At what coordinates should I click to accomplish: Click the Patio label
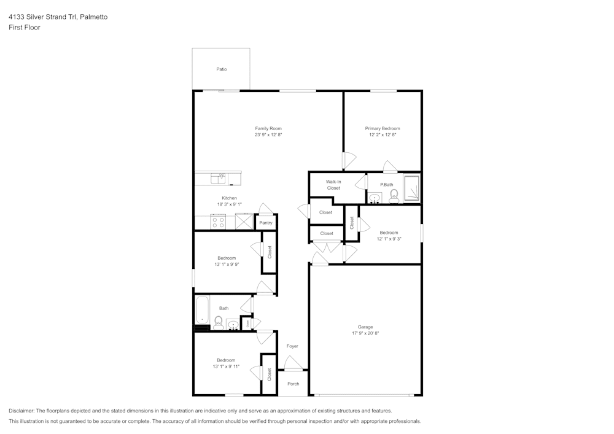coord(221,69)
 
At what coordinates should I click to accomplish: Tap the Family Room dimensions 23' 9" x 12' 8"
coord(268,134)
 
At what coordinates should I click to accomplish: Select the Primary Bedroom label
coord(383,128)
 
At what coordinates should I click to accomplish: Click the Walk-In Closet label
coord(333,185)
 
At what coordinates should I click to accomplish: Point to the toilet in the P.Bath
coord(394,195)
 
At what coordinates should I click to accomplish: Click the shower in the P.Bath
coord(411,188)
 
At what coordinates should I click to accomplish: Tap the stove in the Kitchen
coord(218,222)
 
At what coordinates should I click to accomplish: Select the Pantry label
coord(265,223)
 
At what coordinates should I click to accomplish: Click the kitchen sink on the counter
coord(219,178)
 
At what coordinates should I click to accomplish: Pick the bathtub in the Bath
coord(201,310)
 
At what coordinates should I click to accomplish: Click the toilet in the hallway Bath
coord(218,322)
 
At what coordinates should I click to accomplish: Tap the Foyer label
coord(292,346)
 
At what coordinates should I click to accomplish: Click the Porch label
coord(293,384)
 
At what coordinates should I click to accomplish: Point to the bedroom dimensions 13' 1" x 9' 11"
coord(227,366)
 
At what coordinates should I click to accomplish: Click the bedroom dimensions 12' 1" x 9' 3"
coord(389,239)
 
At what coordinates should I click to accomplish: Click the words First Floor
coord(25,28)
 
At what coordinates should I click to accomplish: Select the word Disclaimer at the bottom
coord(21,411)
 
